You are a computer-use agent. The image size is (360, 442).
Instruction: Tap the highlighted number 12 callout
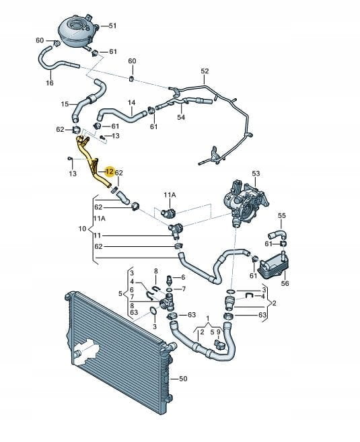[110, 172]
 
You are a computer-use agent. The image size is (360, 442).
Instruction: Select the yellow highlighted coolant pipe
[91, 161]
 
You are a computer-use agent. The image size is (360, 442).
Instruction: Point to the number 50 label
[183, 379]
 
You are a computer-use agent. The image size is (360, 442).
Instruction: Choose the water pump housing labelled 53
[245, 202]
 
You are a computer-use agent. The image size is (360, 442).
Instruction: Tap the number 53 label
[256, 174]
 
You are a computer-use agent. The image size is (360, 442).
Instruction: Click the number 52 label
[205, 71]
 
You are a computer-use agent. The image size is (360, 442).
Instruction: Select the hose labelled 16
[57, 60]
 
